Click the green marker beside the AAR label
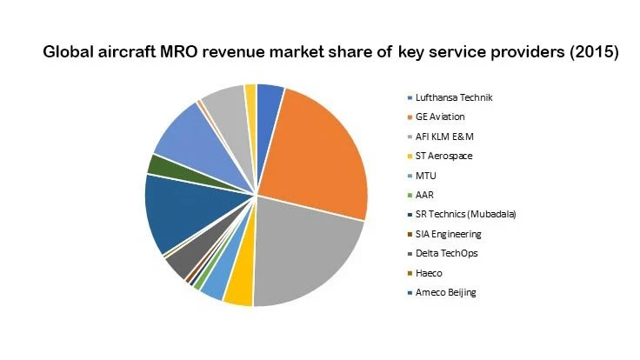pyautogui.click(x=410, y=195)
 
